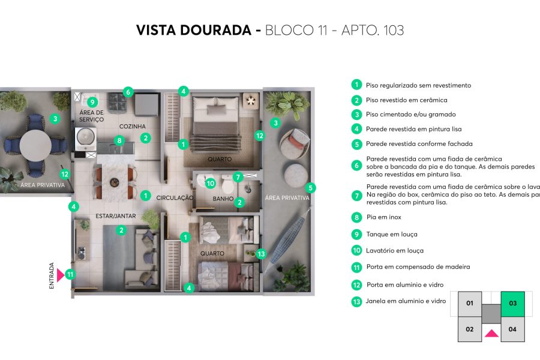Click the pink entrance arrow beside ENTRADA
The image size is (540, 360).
click(60, 275)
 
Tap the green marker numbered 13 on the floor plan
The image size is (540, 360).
click(260, 254)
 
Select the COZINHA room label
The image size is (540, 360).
click(133, 127)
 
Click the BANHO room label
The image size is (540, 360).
click(222, 199)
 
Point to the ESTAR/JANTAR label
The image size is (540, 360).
click(115, 215)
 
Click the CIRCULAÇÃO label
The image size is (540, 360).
click(175, 197)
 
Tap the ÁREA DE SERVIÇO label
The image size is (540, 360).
click(91, 116)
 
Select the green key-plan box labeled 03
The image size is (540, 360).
click(512, 304)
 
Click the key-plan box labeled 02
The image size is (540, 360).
click(470, 329)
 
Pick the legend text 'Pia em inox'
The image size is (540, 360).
click(383, 217)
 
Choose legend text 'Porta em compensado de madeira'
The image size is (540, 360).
click(418, 267)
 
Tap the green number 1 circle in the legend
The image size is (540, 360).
click(356, 85)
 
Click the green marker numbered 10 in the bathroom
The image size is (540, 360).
click(210, 183)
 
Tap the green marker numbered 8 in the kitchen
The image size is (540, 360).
click(119, 141)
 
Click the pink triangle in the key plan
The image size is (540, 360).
click(491, 333)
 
